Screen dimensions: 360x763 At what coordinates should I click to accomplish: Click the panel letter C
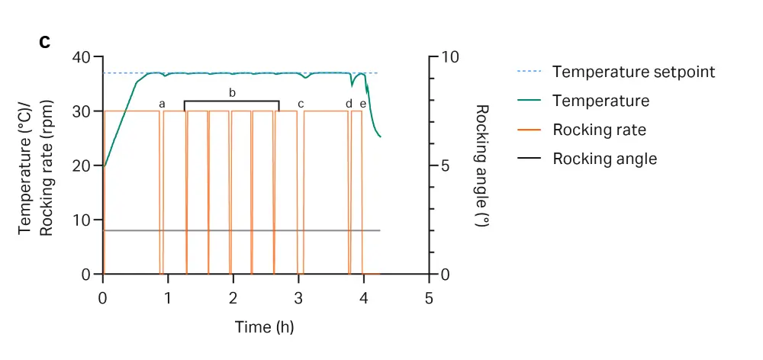coord(45,42)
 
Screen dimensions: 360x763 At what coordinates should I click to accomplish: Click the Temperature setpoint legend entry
coord(633,72)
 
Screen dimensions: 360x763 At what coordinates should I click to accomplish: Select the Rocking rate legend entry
coord(599,130)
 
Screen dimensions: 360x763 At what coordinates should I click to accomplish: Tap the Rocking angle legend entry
coord(604,159)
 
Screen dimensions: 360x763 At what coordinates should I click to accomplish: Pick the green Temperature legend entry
coord(600,101)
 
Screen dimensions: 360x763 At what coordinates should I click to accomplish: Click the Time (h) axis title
coord(264,327)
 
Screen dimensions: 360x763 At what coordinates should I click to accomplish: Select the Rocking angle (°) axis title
coord(481,166)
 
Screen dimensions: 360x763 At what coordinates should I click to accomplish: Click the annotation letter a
coord(162,104)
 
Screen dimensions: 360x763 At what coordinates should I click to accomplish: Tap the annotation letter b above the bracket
coord(232,93)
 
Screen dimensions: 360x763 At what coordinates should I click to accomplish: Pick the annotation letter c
coord(301,104)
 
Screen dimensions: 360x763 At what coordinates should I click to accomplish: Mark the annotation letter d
coord(349,104)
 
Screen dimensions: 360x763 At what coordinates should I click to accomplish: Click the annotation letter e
coord(362,104)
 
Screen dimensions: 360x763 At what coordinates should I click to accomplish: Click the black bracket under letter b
coord(232,101)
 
